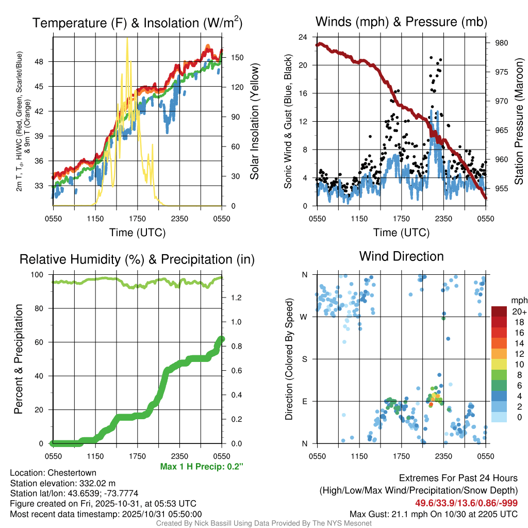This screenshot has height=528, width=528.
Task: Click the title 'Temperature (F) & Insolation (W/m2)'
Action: point(137,23)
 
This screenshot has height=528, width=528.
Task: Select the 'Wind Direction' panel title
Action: point(401,256)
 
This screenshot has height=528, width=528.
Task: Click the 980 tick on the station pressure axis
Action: point(502,43)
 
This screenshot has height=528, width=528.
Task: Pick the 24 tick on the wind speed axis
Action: point(303,37)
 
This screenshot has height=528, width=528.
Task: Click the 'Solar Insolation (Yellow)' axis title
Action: point(255,122)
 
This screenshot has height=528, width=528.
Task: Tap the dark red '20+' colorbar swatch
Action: point(500,311)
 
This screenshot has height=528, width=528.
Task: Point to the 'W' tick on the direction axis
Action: point(304,317)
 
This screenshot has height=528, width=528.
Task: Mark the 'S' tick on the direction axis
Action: point(304,359)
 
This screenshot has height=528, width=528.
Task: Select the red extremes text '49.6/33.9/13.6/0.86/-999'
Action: point(466,503)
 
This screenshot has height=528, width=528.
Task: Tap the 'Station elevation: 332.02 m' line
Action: point(62,483)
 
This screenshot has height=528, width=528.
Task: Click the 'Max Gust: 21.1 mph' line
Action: point(433,514)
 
